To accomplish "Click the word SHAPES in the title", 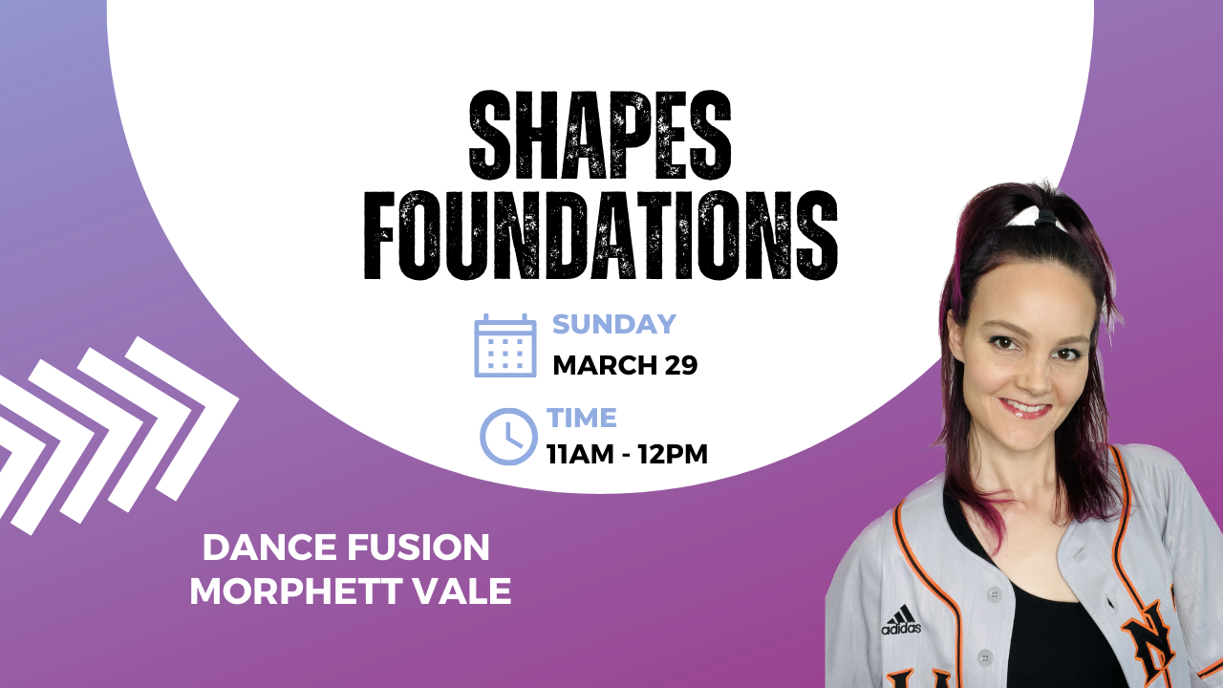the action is [600, 136].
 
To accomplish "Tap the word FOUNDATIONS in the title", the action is [601, 235].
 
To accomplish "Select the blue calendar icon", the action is [505, 346].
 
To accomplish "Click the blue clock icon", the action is [508, 437].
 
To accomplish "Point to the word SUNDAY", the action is [614, 324].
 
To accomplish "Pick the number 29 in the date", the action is [681, 365].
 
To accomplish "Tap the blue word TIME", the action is [582, 418].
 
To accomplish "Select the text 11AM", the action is [580, 454].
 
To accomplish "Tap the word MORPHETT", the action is [293, 591].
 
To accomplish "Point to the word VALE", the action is [461, 591].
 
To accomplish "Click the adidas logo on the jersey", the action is [901, 620].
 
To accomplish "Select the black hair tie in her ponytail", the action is [1045, 218].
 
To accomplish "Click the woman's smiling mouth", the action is [1025, 409].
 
